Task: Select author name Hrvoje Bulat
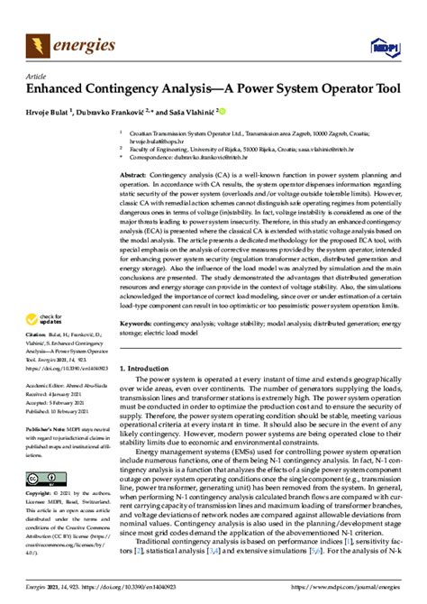click(46, 113)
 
